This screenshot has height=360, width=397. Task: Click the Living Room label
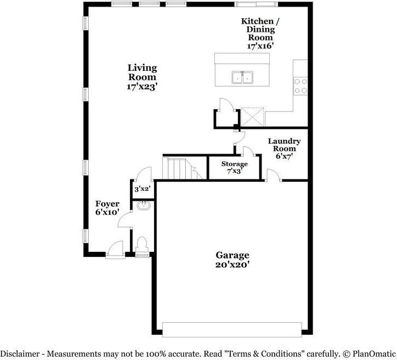(142, 77)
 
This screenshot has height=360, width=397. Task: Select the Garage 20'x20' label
(232, 260)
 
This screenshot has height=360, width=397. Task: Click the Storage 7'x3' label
(234, 167)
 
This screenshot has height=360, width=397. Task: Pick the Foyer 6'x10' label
(107, 208)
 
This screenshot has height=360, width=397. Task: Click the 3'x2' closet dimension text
(143, 189)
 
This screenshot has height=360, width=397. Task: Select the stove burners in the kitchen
(300, 86)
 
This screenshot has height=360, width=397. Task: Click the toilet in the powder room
(143, 245)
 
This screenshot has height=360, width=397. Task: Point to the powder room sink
(144, 206)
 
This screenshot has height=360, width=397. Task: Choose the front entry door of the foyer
(116, 250)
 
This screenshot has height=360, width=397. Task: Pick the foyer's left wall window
(85, 236)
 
